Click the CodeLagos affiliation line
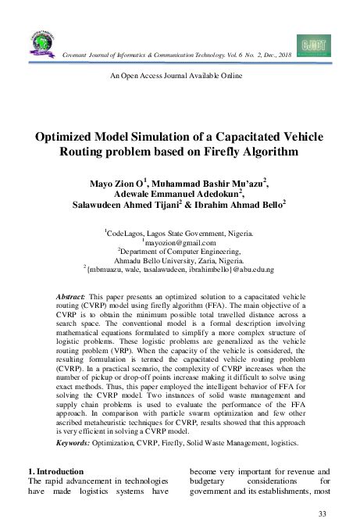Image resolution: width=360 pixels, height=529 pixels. [180, 234]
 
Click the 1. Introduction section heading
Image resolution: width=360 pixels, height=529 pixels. [54, 471]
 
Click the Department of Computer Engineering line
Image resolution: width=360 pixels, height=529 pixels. [180, 252]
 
